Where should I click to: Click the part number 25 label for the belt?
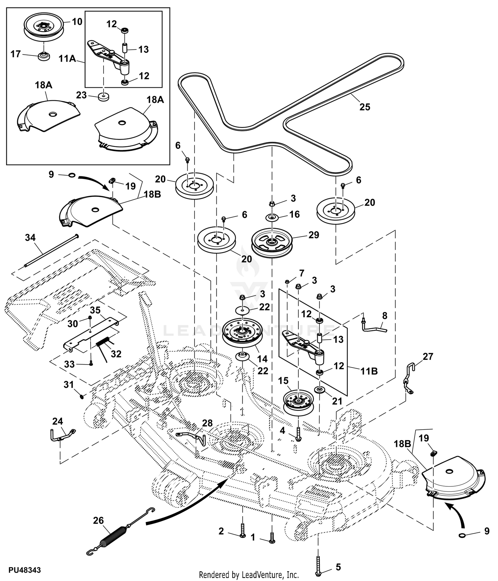point(365,107)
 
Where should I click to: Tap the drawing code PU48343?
point(25,570)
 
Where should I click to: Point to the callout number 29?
point(313,235)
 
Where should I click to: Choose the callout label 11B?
point(369,371)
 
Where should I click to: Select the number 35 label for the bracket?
point(95,310)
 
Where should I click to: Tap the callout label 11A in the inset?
point(67,59)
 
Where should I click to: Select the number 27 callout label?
point(428,357)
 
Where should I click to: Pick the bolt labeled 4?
point(298,435)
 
